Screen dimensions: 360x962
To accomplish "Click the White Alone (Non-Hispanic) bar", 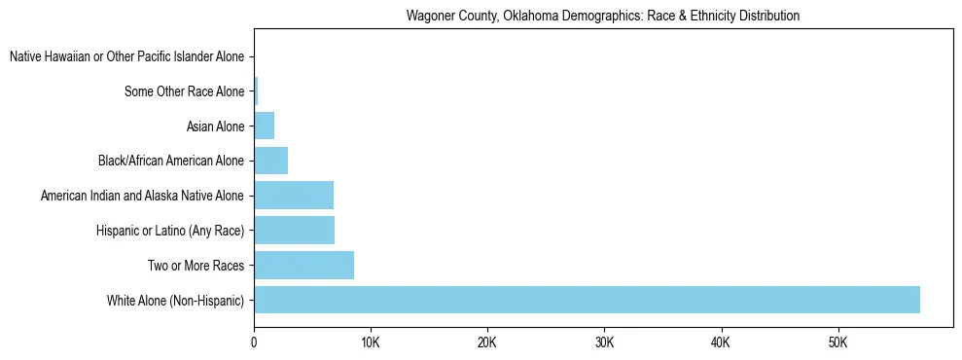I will coord(587,300).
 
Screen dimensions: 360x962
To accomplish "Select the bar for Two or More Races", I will coord(303,265).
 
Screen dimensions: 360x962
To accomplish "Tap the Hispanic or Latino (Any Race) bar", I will coord(294,231).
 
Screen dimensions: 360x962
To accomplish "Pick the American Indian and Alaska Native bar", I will coord(294,196).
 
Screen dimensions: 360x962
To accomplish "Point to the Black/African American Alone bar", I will coord(270,161).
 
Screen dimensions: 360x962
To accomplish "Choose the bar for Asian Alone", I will coord(264,126).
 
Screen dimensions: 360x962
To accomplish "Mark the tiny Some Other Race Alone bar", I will coord(256,91).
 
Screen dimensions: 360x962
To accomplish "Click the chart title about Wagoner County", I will coord(603,16).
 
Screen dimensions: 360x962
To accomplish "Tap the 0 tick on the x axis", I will coord(254,342).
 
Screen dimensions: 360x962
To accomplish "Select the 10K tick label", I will coord(371,342).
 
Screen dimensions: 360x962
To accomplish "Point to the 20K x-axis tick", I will coord(487,342).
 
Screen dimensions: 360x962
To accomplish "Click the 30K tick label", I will coord(604,342).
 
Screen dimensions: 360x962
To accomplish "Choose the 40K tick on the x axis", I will coord(721,342).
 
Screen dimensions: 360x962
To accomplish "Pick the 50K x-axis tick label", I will coord(837,342).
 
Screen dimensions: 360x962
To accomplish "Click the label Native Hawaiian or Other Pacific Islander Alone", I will coord(126,57).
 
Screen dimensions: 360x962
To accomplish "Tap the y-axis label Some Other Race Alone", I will coord(184,91).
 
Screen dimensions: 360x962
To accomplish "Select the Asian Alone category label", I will coord(215,126).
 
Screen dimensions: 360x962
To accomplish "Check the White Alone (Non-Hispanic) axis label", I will coord(175,300).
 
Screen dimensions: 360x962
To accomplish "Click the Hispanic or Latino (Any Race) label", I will coord(169,231).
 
